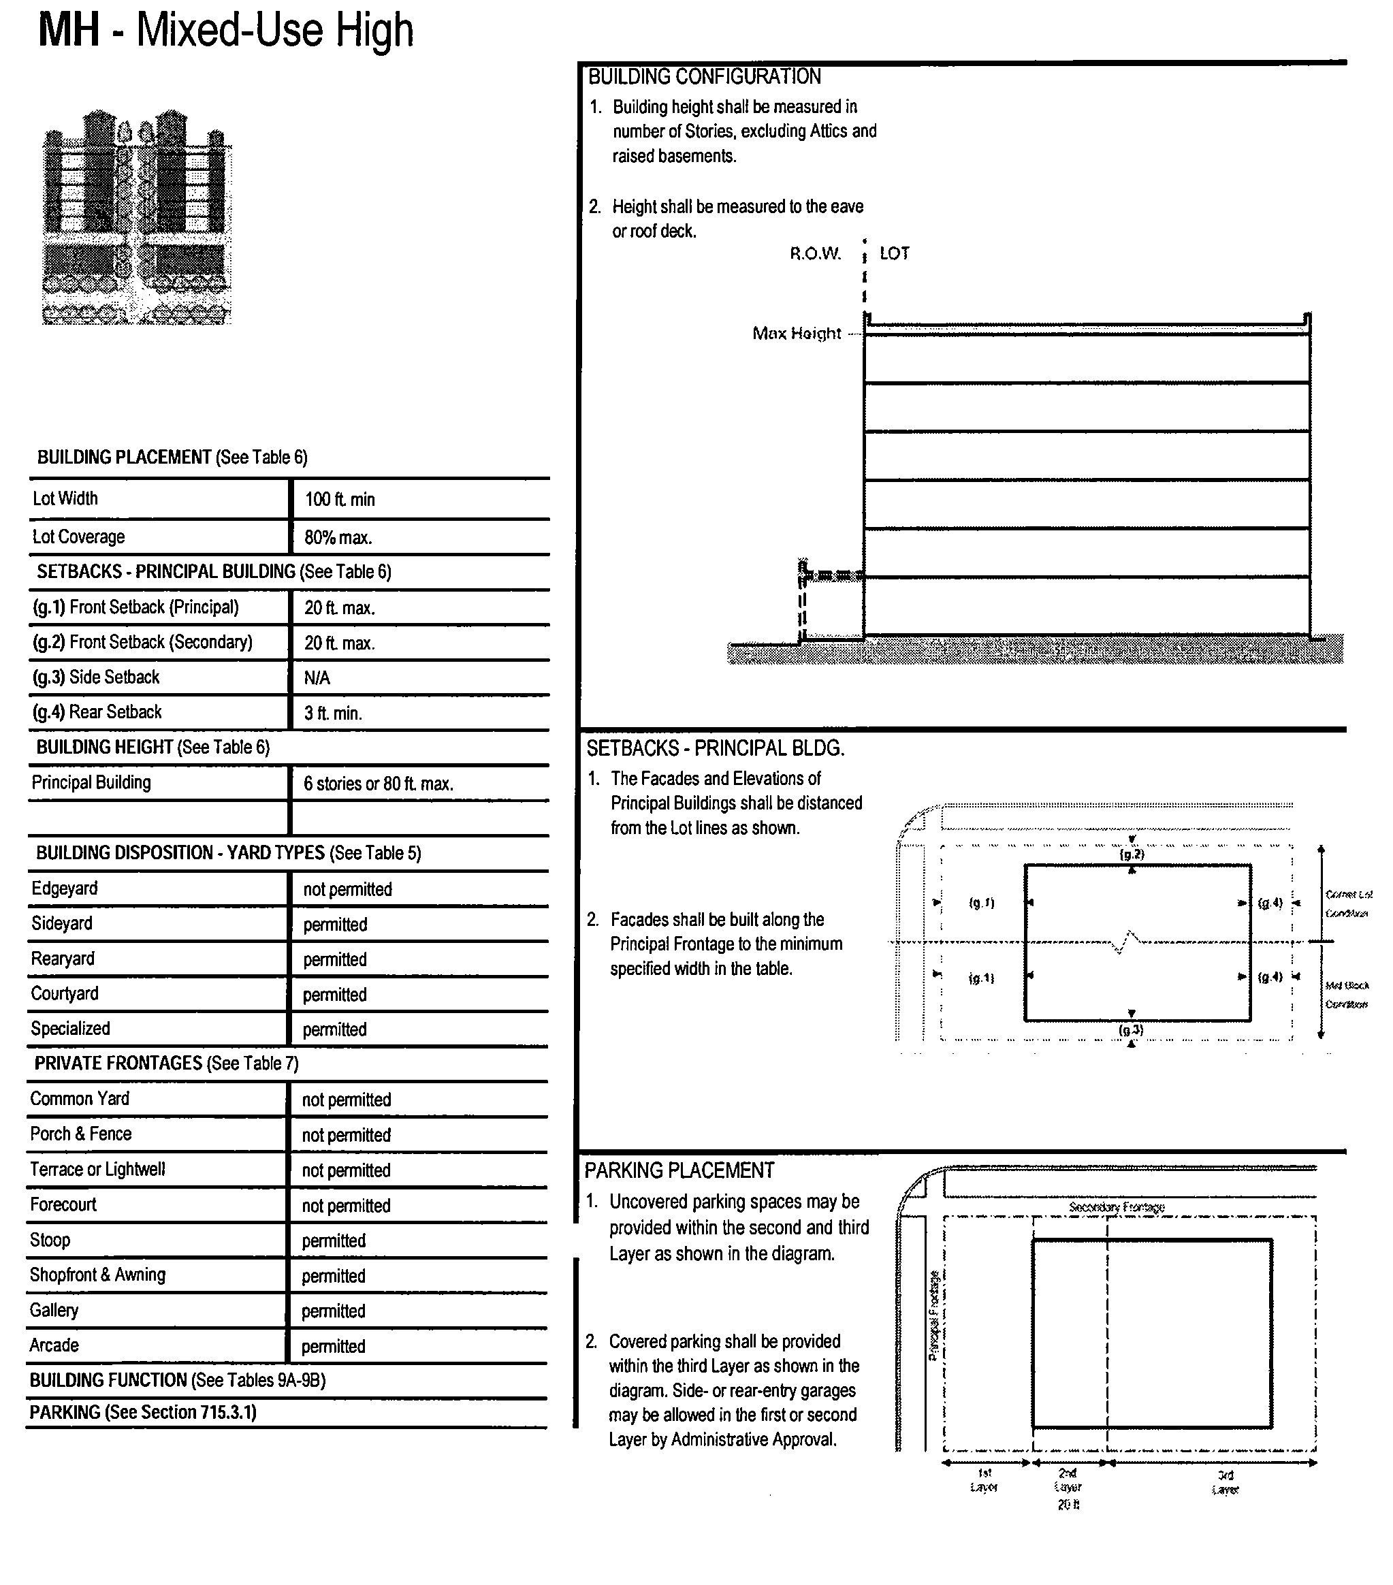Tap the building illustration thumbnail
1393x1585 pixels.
136,217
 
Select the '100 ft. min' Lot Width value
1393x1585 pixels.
340,499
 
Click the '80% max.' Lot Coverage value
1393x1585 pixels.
338,537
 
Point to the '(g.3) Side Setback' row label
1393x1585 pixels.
96,677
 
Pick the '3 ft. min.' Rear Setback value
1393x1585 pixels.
333,714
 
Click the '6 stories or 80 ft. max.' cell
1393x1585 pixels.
379,784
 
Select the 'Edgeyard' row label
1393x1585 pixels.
65,888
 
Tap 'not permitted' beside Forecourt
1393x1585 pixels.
346,1206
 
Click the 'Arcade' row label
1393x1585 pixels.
54,1345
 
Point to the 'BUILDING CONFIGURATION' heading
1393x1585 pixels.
704,77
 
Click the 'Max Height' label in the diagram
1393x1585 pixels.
797,334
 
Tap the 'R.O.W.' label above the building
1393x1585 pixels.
815,253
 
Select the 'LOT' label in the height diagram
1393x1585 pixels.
894,253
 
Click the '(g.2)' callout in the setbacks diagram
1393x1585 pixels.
1132,854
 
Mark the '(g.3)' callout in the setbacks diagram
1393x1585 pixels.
1131,1030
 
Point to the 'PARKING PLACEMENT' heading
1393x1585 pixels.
679,1171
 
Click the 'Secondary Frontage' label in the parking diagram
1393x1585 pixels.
1116,1207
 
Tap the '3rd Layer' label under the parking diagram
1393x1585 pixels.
1225,1482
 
